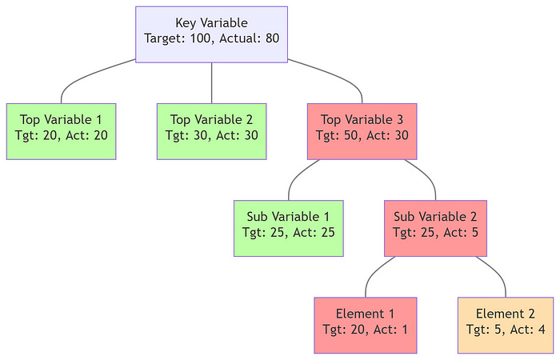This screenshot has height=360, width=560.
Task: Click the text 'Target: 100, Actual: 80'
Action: pos(211,38)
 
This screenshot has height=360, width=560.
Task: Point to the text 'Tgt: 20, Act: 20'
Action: pos(61,135)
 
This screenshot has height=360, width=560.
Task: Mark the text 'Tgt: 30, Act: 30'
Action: pos(211,135)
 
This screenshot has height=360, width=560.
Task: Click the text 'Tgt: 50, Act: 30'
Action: pos(362,135)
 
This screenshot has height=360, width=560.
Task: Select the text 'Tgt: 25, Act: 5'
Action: pos(435,232)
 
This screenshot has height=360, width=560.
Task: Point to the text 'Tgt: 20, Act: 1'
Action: pos(366,329)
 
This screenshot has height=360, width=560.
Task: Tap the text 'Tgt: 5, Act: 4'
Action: pos(506,329)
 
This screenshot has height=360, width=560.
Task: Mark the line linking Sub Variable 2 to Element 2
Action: pos(496,272)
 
